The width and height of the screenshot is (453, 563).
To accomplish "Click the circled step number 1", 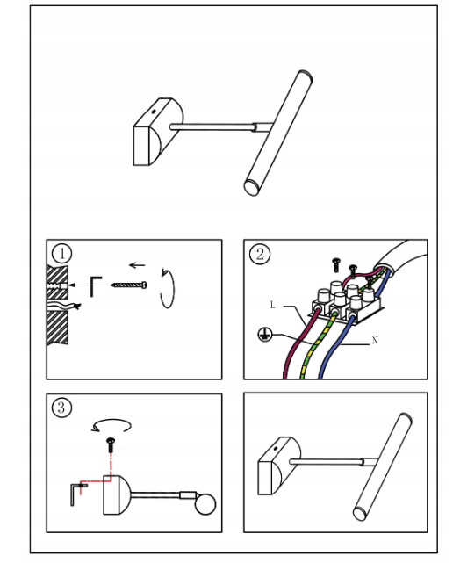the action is tap(61, 254).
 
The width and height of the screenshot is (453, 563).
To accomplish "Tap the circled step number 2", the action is tap(260, 254).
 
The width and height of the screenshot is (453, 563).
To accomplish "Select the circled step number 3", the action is tap(61, 408).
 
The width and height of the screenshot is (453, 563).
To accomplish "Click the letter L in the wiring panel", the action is tap(272, 305).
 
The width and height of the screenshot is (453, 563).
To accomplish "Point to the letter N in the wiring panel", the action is tap(375, 340).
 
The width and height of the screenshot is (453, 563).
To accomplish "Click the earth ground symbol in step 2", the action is tap(264, 335).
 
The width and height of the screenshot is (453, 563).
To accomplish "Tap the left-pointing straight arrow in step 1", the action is tap(137, 265).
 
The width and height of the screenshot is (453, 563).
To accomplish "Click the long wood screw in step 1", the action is tap(129, 285).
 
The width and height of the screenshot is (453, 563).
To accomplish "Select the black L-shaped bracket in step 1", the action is tap(95, 286).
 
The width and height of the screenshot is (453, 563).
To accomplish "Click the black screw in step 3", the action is tap(111, 444).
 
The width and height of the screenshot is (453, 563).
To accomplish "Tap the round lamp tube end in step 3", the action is tap(205, 504).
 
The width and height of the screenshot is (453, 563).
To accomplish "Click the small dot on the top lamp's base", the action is tap(154, 112).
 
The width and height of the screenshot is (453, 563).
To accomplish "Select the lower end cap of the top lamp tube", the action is tap(252, 186).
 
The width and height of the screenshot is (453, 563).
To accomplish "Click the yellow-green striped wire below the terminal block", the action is tap(316, 345).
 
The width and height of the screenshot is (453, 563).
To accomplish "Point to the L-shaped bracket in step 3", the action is tap(75, 494).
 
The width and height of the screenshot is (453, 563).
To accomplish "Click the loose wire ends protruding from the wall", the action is tap(65, 307).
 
